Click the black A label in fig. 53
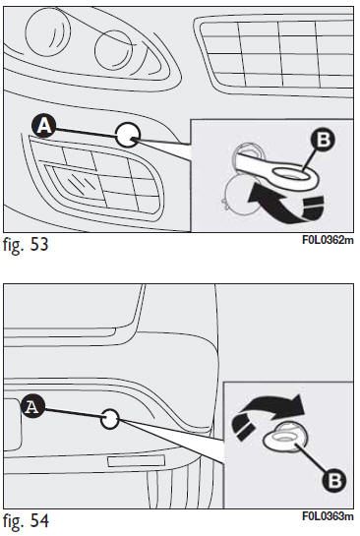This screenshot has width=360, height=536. tap(43, 126)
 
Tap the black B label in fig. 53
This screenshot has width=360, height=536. tap(323, 140)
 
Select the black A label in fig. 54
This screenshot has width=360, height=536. tap(32, 406)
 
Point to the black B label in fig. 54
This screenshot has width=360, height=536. tap(334, 480)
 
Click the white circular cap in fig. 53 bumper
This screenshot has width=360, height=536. tap(128, 135)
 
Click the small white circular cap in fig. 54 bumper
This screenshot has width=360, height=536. tap(110, 419)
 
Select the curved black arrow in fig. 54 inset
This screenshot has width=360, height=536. tap(267, 414)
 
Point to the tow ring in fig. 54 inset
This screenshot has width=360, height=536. tap(285, 439)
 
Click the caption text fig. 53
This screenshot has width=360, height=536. tap(26, 245)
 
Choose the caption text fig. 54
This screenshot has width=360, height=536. tap(26, 521)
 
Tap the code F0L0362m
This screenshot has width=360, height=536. tap(328, 240)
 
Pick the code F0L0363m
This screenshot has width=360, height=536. tap(328, 516)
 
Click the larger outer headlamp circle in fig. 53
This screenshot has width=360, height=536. tap(48, 30)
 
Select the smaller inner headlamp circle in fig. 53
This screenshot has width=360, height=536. tap(113, 50)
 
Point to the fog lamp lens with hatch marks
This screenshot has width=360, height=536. tap(79, 185)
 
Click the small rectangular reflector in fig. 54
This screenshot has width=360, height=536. tap(136, 460)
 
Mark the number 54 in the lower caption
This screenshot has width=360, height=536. tap(39, 520)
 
